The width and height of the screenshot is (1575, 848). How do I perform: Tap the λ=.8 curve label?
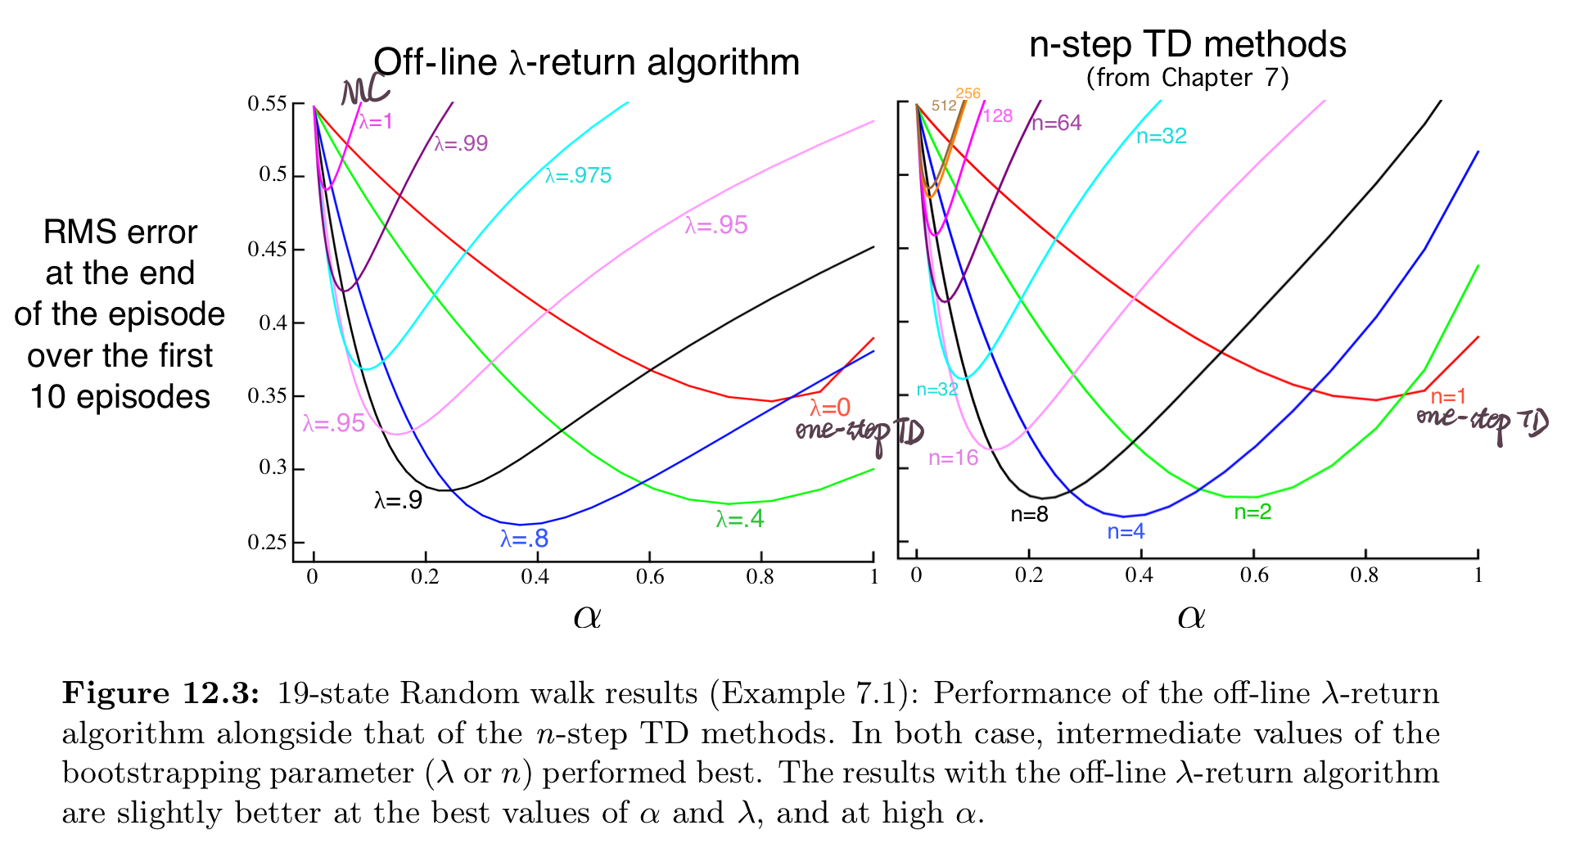pyautogui.click(x=525, y=539)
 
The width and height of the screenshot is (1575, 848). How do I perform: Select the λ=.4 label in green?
pyautogui.click(x=740, y=519)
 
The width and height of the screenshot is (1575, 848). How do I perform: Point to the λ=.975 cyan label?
pyautogui.click(x=579, y=175)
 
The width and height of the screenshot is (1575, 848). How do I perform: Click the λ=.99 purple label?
pyautogui.click(x=461, y=143)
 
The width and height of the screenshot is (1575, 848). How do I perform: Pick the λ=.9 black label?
pyautogui.click(x=399, y=500)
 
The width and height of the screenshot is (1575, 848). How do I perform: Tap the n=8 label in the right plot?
pyautogui.click(x=1029, y=514)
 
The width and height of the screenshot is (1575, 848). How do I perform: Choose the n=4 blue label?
pyautogui.click(x=1126, y=532)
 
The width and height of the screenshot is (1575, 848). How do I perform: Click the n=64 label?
pyautogui.click(x=1056, y=124)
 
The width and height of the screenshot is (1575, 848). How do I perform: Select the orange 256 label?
pyautogui.click(x=968, y=93)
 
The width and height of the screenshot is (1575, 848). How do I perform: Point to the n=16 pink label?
pyautogui.click(x=954, y=458)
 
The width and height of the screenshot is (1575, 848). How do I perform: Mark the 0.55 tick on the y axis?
pyautogui.click(x=268, y=104)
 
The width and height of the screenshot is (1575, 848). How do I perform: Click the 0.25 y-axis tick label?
pyautogui.click(x=268, y=543)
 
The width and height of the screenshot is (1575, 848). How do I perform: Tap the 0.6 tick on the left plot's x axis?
pyautogui.click(x=650, y=577)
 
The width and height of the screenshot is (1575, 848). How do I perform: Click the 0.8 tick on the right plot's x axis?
pyautogui.click(x=1365, y=575)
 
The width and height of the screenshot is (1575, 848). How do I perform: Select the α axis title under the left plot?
pyautogui.click(x=587, y=616)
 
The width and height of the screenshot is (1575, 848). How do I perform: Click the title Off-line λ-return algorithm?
pyautogui.click(x=586, y=62)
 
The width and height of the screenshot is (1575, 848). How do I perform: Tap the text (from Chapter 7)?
pyautogui.click(x=1187, y=78)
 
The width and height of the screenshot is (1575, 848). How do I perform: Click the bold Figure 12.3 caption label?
pyautogui.click(x=161, y=693)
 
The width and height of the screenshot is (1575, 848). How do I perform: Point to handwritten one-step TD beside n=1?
pyautogui.click(x=1482, y=421)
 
